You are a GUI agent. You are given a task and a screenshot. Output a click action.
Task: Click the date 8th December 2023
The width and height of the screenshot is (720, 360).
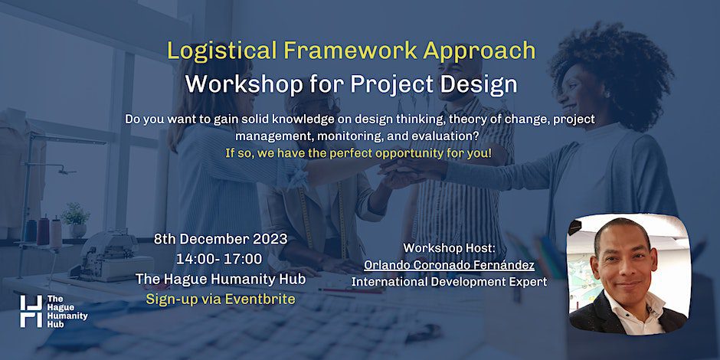coord(221,239)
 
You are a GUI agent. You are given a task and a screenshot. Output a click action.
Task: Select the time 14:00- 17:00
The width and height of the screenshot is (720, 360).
coord(219,259)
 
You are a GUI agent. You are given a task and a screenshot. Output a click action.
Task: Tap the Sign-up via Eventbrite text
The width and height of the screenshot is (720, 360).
coord(221,299)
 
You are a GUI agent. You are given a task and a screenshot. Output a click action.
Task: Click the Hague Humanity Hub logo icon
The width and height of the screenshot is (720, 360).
coord(31,311)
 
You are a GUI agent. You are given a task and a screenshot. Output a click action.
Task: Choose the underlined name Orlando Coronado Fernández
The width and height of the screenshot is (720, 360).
coord(449,265)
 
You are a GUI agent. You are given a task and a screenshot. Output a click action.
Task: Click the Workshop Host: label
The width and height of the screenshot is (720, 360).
coord(450,248)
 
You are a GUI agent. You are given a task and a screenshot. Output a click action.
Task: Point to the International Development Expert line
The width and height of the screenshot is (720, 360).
coord(449,281)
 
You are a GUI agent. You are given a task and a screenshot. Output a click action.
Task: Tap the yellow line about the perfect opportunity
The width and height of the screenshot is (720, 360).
coord(358,153)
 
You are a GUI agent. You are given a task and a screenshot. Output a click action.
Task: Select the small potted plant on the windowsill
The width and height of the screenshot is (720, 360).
coord(76,220)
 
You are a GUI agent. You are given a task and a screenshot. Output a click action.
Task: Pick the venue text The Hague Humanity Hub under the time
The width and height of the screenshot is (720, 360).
coord(221,279)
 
